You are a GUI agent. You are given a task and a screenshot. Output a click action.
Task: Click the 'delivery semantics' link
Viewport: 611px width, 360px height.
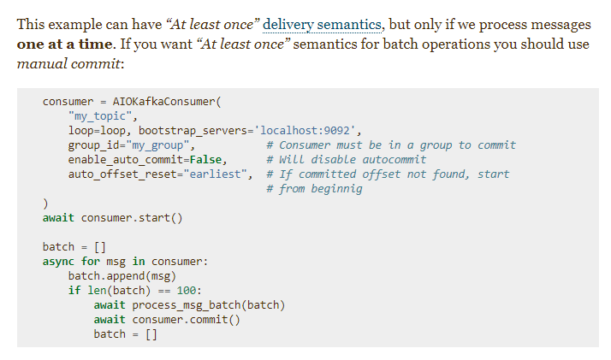pyautogui.click(x=314, y=24)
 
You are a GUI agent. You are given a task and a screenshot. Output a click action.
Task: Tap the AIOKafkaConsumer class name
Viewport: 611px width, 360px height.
pyautogui.click(x=163, y=102)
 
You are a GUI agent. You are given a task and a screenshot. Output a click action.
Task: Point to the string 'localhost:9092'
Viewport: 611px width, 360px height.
pyautogui.click(x=311, y=131)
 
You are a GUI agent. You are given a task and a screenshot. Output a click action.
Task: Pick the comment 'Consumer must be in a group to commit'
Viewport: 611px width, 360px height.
pyautogui.click(x=391, y=145)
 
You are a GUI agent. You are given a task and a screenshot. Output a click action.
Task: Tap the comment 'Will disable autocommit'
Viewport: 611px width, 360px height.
pyautogui.click(x=347, y=160)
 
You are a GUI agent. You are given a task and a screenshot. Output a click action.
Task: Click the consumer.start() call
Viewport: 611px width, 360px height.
pyautogui.click(x=132, y=218)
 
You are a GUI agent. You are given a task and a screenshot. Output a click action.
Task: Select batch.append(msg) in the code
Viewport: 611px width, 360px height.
pyautogui.click(x=122, y=276)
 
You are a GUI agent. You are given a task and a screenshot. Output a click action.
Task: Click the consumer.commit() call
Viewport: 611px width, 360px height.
pyautogui.click(x=186, y=320)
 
